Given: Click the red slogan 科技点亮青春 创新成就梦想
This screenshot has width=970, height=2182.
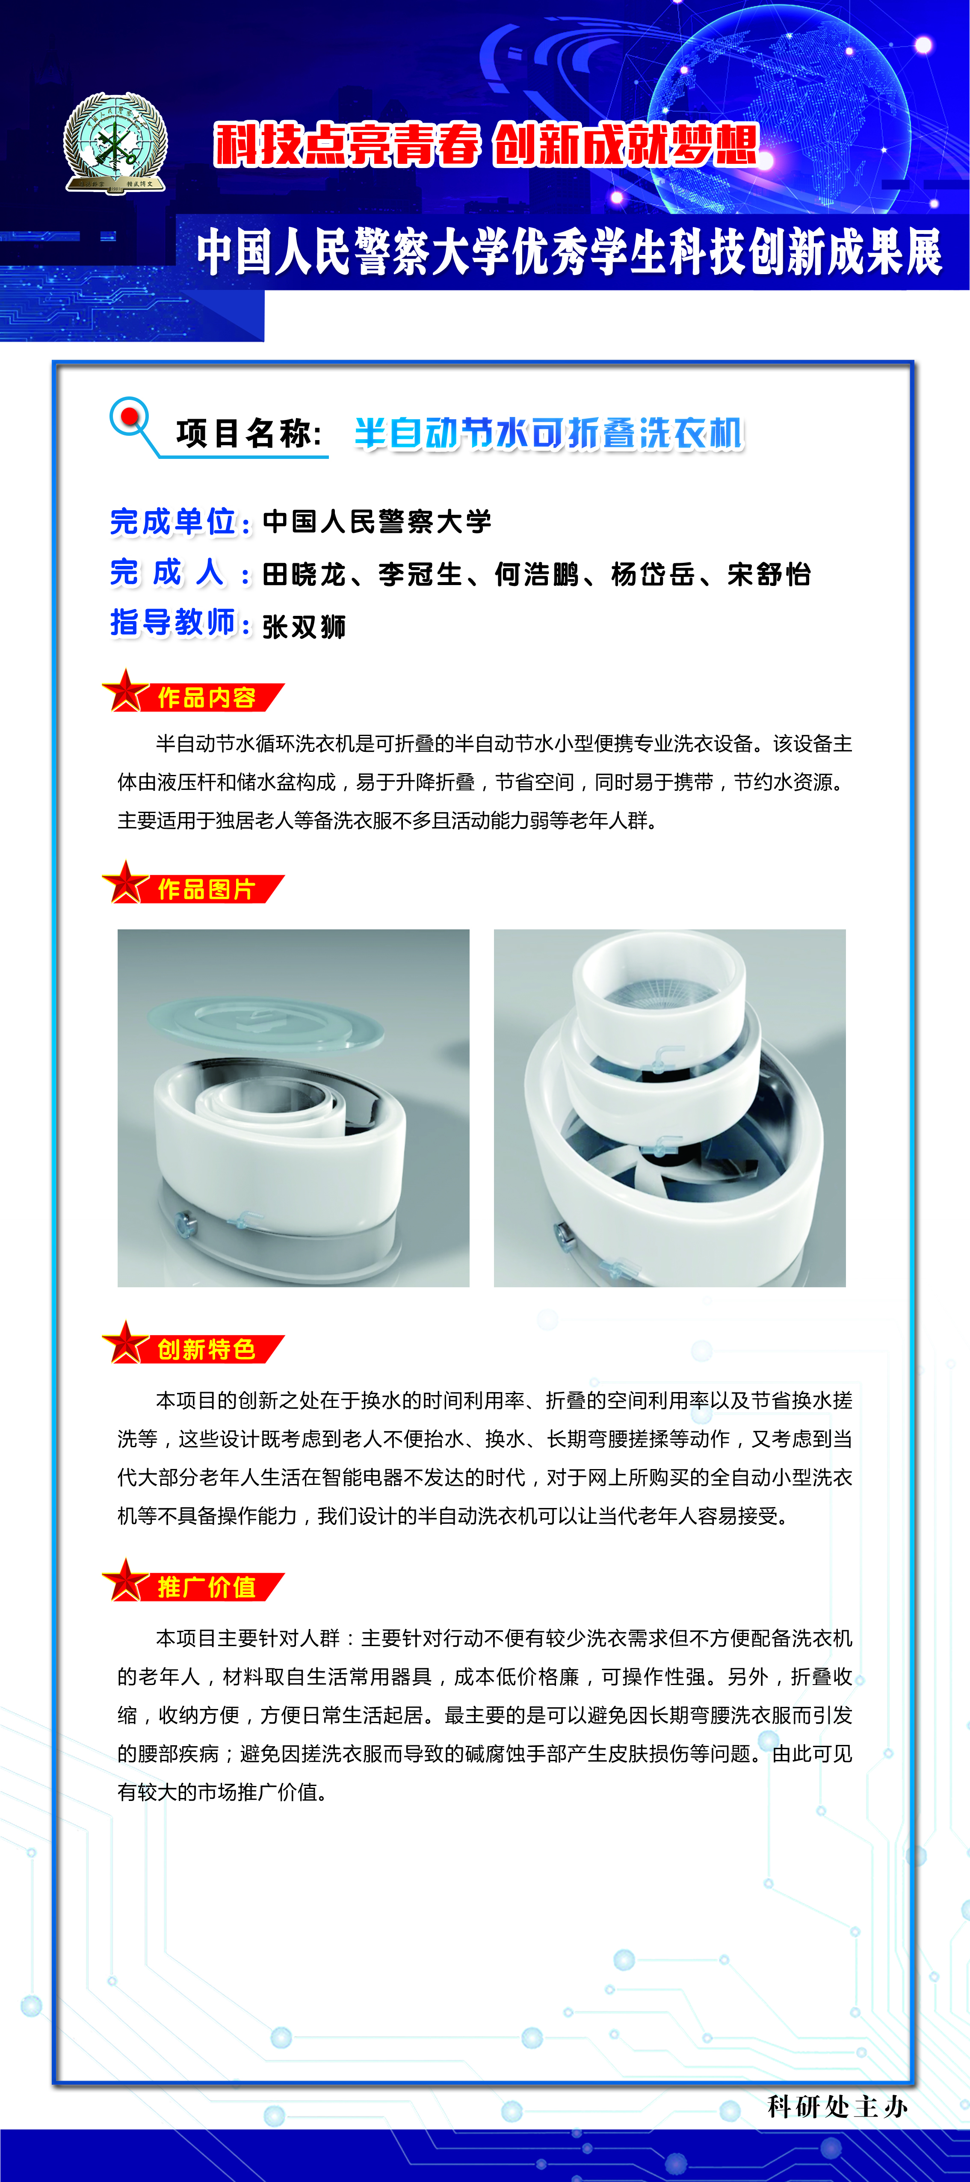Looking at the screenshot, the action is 485,144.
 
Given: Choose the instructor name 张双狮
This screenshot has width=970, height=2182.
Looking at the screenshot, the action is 304,627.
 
